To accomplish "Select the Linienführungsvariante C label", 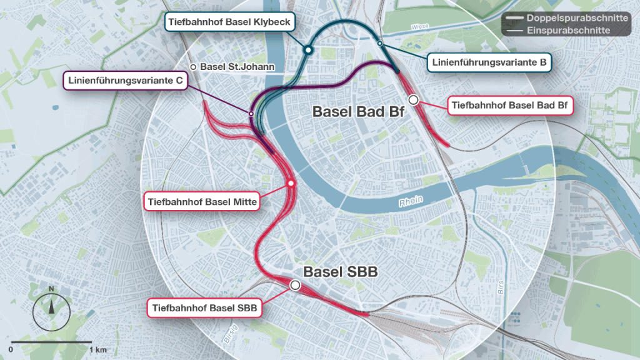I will pyautogui.click(x=126, y=81).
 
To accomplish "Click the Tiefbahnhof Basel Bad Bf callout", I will pyautogui.click(x=511, y=105).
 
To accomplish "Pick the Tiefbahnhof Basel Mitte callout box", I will pyautogui.click(x=201, y=202).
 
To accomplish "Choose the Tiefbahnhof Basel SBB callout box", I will pyautogui.click(x=204, y=307).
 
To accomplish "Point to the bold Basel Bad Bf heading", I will pyautogui.click(x=358, y=112).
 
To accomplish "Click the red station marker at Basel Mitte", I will pyautogui.click(x=291, y=183).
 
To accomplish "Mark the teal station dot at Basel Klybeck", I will pyautogui.click(x=307, y=50).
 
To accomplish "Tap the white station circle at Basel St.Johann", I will pyautogui.click(x=194, y=67).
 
